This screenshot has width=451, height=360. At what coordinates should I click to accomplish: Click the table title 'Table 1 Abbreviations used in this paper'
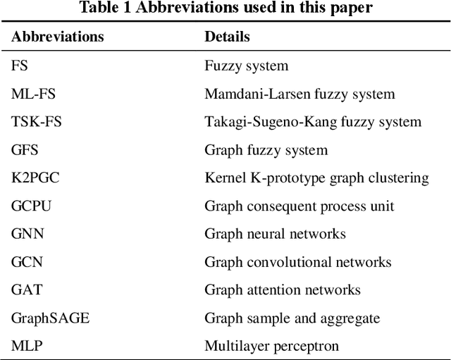(x=225, y=8)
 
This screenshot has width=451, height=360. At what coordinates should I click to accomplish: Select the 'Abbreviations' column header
(x=58, y=37)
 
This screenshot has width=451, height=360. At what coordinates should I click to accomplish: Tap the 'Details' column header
(x=227, y=37)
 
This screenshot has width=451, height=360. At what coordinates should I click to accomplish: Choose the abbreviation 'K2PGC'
(x=35, y=178)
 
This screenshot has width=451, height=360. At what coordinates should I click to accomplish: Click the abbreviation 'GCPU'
(x=32, y=206)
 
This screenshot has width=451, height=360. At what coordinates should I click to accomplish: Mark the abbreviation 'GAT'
(x=26, y=290)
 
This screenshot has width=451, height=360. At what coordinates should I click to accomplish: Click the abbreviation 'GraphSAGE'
(x=51, y=318)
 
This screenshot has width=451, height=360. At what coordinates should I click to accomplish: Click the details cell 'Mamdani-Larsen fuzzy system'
(x=299, y=94)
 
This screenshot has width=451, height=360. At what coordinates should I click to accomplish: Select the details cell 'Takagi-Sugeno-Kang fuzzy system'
(x=313, y=122)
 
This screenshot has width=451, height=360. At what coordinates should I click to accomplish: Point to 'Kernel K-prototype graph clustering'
(x=316, y=178)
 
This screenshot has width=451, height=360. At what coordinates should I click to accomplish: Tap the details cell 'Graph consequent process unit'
(x=299, y=206)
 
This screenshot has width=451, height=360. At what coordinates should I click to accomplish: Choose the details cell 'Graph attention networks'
(x=283, y=290)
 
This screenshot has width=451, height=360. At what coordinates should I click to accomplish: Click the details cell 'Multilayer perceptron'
(x=271, y=345)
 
